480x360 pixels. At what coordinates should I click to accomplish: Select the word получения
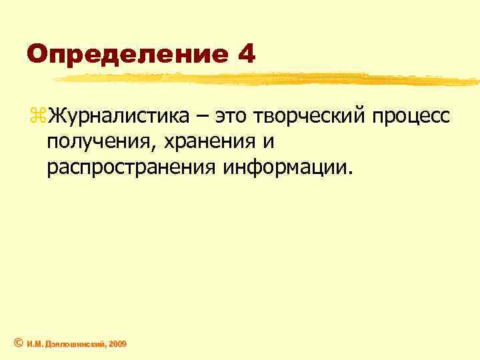tap(97, 141)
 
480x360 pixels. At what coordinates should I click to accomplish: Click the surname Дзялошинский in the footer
tap(73, 343)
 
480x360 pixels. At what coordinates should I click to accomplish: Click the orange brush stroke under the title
tap(267, 78)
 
